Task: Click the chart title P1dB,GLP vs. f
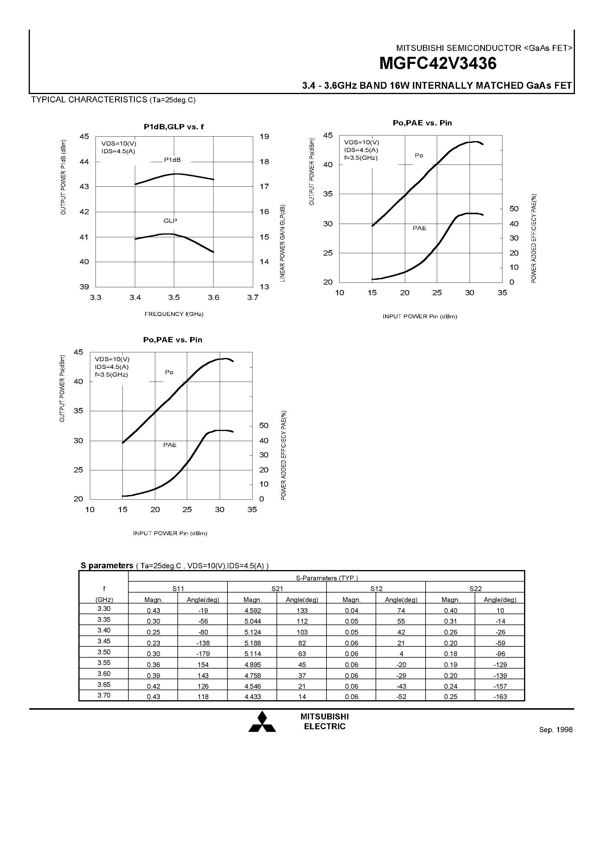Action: click(x=174, y=127)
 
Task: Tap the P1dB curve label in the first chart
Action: click(x=172, y=160)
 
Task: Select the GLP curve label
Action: click(x=170, y=221)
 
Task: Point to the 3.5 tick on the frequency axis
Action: click(x=174, y=298)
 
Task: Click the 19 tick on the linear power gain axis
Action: click(x=264, y=137)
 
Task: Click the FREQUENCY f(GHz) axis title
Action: click(x=174, y=314)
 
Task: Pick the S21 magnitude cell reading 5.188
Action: click(x=252, y=643)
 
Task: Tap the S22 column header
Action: click(x=475, y=589)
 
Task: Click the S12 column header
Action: click(x=376, y=589)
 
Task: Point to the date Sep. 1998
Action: click(x=556, y=730)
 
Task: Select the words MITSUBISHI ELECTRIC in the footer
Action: click(x=325, y=722)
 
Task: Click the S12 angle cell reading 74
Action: click(x=401, y=611)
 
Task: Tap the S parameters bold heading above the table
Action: click(x=107, y=566)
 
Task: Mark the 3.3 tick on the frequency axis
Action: click(x=96, y=298)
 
